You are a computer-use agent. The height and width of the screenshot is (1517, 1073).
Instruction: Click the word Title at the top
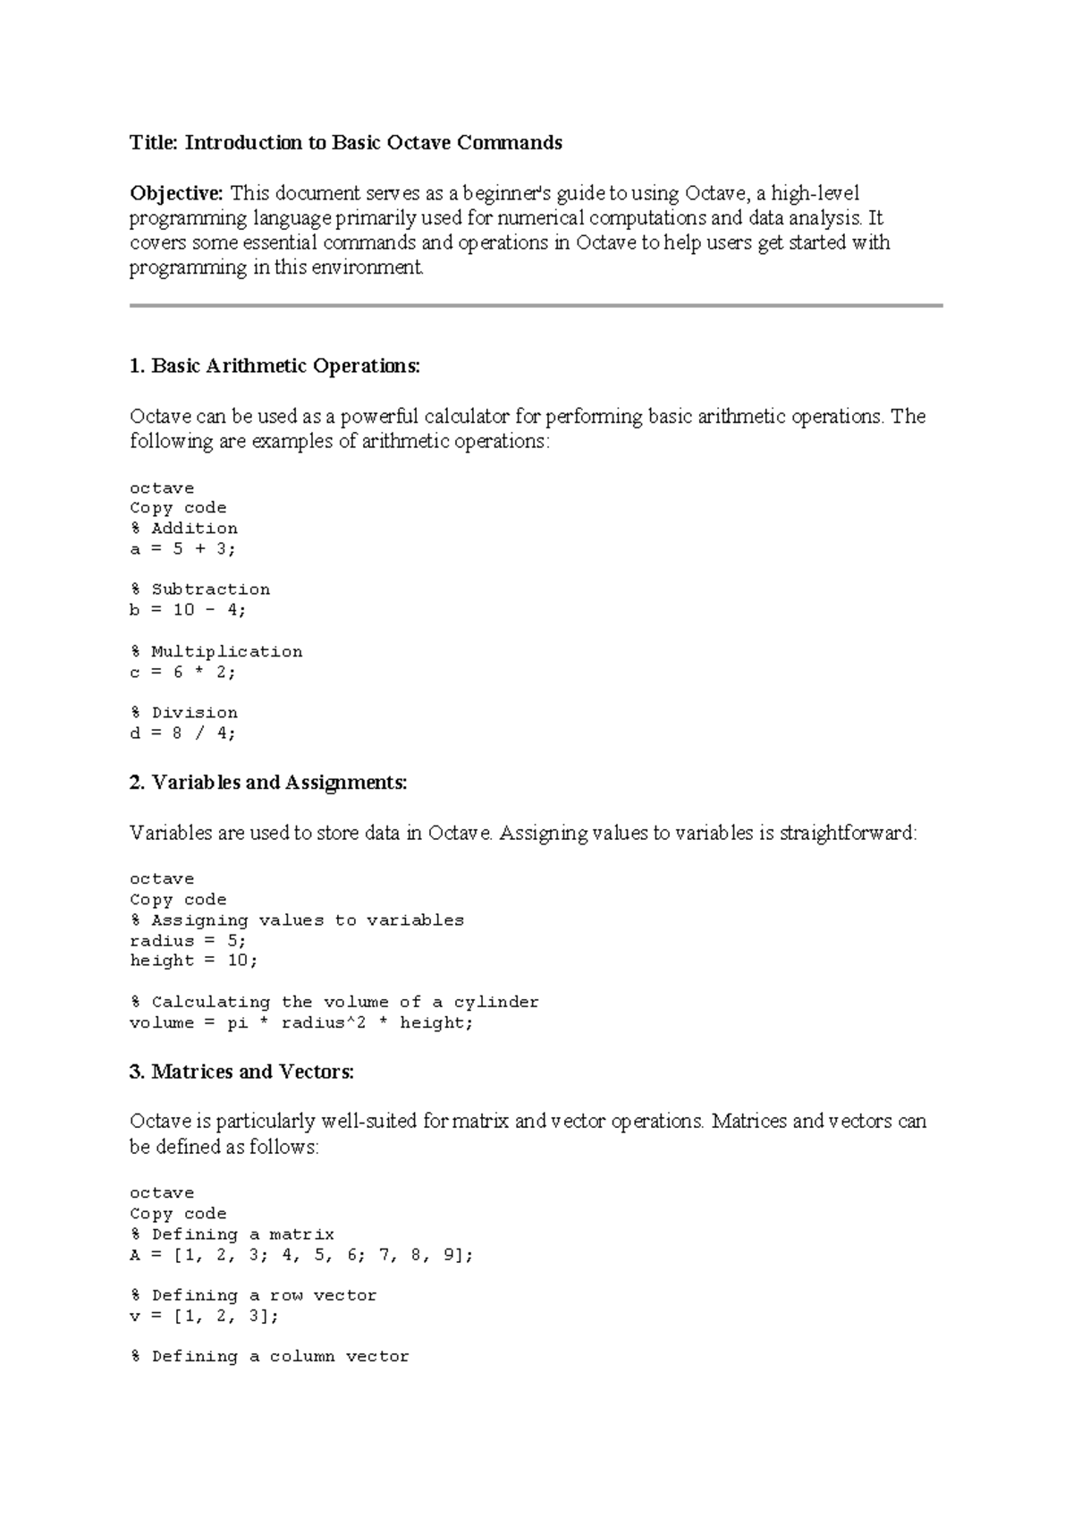click(x=154, y=142)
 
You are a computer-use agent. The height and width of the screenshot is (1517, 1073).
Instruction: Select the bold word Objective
click(x=176, y=192)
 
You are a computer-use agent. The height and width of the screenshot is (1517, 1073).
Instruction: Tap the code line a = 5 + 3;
click(x=183, y=548)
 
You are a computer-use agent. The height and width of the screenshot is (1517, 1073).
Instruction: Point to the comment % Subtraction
click(x=200, y=589)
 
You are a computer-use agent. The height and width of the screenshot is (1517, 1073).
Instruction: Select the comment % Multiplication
click(x=216, y=651)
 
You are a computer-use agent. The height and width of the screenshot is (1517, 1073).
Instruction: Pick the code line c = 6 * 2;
click(x=183, y=672)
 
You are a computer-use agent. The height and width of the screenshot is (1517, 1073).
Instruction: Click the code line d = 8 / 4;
click(x=183, y=733)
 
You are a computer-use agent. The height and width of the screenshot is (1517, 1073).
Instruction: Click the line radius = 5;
click(x=188, y=940)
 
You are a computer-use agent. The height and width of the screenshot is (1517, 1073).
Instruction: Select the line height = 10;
click(x=194, y=960)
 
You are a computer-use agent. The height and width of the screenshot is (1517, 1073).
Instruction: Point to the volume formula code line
click(x=301, y=1022)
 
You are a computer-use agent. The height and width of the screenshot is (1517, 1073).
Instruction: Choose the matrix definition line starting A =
click(x=301, y=1255)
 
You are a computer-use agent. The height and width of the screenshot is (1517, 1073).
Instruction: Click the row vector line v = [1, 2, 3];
click(x=205, y=1316)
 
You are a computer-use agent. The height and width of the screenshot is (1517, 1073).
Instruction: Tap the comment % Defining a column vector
click(x=270, y=1356)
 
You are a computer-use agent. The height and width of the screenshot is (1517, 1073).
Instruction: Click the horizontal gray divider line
click(x=536, y=305)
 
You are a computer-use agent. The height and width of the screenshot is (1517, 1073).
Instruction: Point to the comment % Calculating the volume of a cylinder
click(x=335, y=1002)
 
